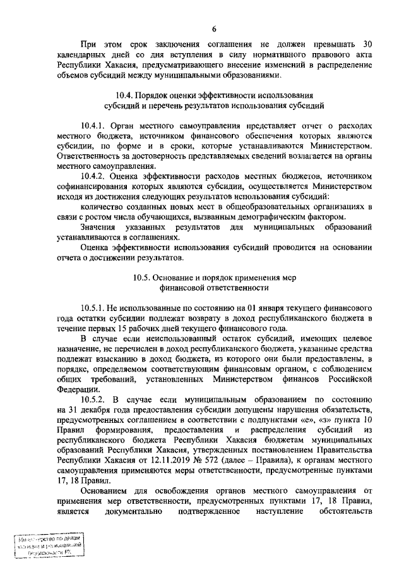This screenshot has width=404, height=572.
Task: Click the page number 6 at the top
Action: tap(214, 28)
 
